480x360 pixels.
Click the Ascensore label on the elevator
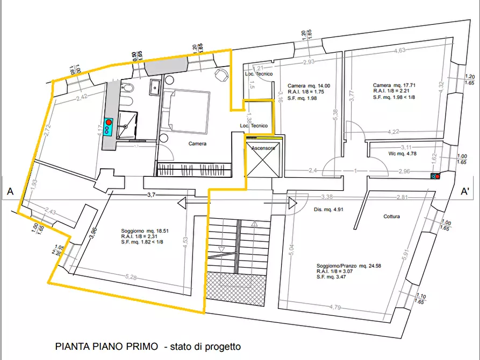click(263, 148)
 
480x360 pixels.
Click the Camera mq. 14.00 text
click(309, 85)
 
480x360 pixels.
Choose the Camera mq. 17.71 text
click(395, 85)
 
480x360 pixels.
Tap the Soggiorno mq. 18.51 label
click(145, 231)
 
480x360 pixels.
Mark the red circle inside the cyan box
click(109, 123)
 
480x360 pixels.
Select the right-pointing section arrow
click(291, 204)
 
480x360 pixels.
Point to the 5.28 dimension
click(131, 277)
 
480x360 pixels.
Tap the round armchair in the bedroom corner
click(221, 75)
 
